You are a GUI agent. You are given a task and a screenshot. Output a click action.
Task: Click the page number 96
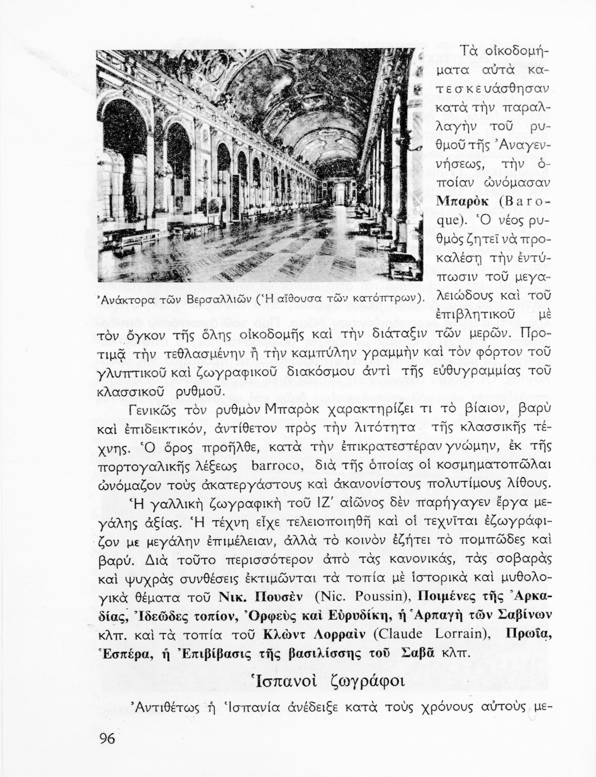[107, 739]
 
